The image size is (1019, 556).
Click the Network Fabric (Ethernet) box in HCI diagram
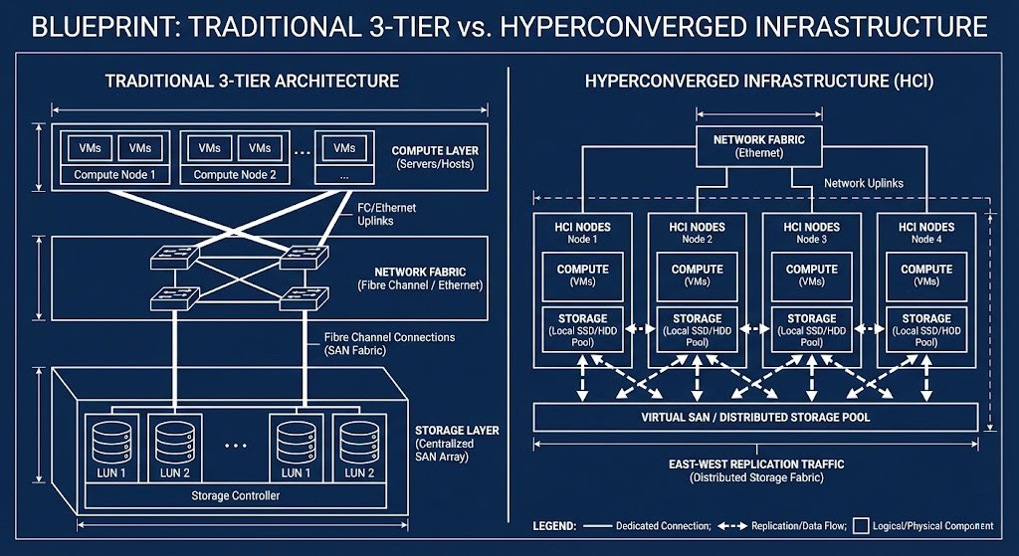[751, 146]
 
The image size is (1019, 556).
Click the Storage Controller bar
[234, 495]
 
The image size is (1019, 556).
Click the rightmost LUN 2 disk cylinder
[357, 438]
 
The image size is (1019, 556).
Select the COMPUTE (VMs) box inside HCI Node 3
[811, 276]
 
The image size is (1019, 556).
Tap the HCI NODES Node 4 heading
[925, 232]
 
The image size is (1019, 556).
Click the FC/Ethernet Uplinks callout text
[387, 214]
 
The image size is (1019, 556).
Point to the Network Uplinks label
[864, 184]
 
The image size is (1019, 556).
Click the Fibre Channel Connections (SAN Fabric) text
[389, 344]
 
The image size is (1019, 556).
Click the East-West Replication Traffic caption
[755, 470]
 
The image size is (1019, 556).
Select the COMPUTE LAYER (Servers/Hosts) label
[435, 156]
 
